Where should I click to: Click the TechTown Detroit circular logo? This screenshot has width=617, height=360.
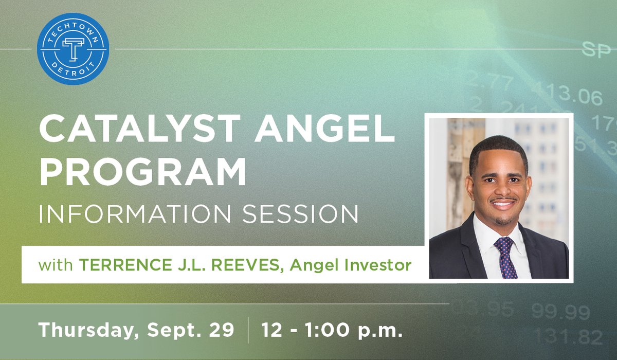tap(73, 49)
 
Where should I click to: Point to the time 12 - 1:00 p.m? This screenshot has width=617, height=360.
tap(332, 330)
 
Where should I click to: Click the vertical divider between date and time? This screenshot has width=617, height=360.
tap(248, 330)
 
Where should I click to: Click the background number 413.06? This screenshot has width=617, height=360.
tap(566, 95)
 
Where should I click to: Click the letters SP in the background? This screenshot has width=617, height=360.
tap(595, 50)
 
